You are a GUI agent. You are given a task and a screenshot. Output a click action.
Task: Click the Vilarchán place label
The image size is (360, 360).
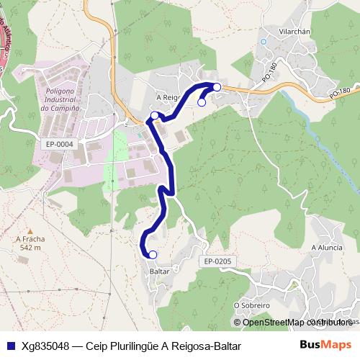[294, 32]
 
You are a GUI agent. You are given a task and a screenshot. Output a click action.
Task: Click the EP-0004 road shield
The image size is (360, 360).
[59, 144]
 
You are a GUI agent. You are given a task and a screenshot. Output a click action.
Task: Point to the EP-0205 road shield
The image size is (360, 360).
[217, 261]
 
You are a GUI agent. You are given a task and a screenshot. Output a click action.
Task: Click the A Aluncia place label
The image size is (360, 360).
[326, 247]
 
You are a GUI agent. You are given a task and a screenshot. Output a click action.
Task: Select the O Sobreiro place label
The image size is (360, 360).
[251, 305]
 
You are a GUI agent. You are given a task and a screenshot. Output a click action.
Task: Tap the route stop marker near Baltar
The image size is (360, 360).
[152, 254]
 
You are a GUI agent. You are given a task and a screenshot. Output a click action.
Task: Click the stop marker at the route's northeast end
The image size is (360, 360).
[217, 86]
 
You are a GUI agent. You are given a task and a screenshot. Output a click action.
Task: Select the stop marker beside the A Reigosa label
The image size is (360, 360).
[154, 115]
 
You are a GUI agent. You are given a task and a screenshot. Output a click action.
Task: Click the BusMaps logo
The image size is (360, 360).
[325, 345]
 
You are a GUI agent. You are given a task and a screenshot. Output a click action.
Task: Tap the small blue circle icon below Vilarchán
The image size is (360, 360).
[264, 41]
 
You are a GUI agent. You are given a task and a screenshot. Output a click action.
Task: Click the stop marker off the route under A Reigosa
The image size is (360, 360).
[202, 102]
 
